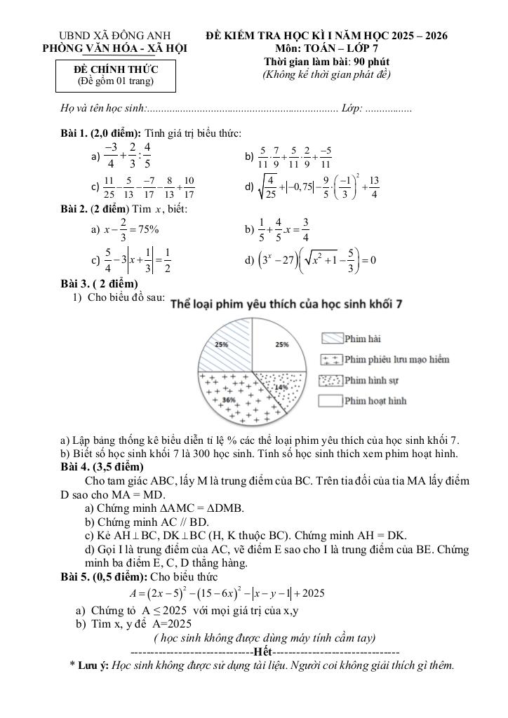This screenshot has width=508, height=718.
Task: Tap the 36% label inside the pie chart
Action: click(x=228, y=398)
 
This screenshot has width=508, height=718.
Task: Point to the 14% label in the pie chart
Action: click(x=281, y=387)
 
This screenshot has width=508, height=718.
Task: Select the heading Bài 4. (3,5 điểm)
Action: click(x=102, y=466)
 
